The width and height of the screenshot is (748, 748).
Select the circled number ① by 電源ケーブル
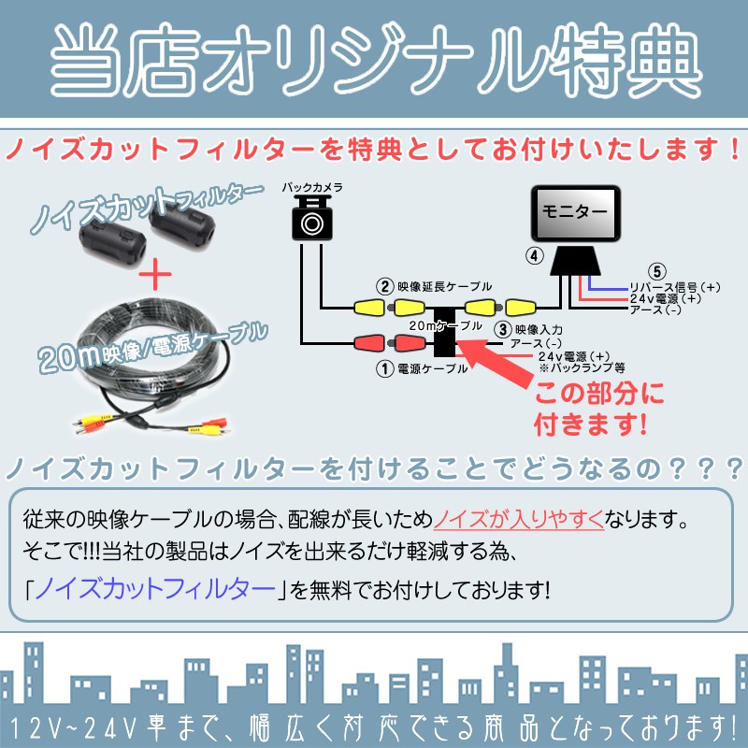[383, 368]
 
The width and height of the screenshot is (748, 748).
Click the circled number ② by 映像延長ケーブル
[383, 286]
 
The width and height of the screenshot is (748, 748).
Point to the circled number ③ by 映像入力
[503, 328]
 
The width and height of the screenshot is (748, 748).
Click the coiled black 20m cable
[145, 360]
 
